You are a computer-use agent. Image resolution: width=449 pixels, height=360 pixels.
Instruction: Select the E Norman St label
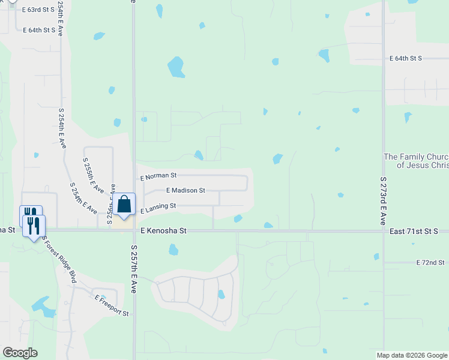pos(158,176)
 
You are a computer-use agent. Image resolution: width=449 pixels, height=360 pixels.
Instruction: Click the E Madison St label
pos(185,190)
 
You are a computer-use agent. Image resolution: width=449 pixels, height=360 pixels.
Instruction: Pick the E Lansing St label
pos(158,208)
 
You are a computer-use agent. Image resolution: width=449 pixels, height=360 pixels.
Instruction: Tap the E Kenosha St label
pos(164,230)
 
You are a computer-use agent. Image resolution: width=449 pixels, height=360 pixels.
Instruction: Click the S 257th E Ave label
pos(134,273)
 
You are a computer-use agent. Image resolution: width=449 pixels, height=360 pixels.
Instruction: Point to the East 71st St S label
pos(414,230)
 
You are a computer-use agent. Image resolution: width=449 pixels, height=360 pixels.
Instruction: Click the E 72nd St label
pos(430,263)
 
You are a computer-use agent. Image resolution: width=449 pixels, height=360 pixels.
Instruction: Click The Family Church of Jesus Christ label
pos(416,161)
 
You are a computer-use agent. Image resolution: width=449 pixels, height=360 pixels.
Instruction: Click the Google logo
pos(20,352)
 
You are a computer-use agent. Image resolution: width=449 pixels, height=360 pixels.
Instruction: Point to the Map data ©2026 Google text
pos(412,355)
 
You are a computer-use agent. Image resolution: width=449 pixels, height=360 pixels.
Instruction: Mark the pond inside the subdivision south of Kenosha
pos(221,295)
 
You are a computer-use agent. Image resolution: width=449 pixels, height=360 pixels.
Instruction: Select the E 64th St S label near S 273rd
pos(406,58)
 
